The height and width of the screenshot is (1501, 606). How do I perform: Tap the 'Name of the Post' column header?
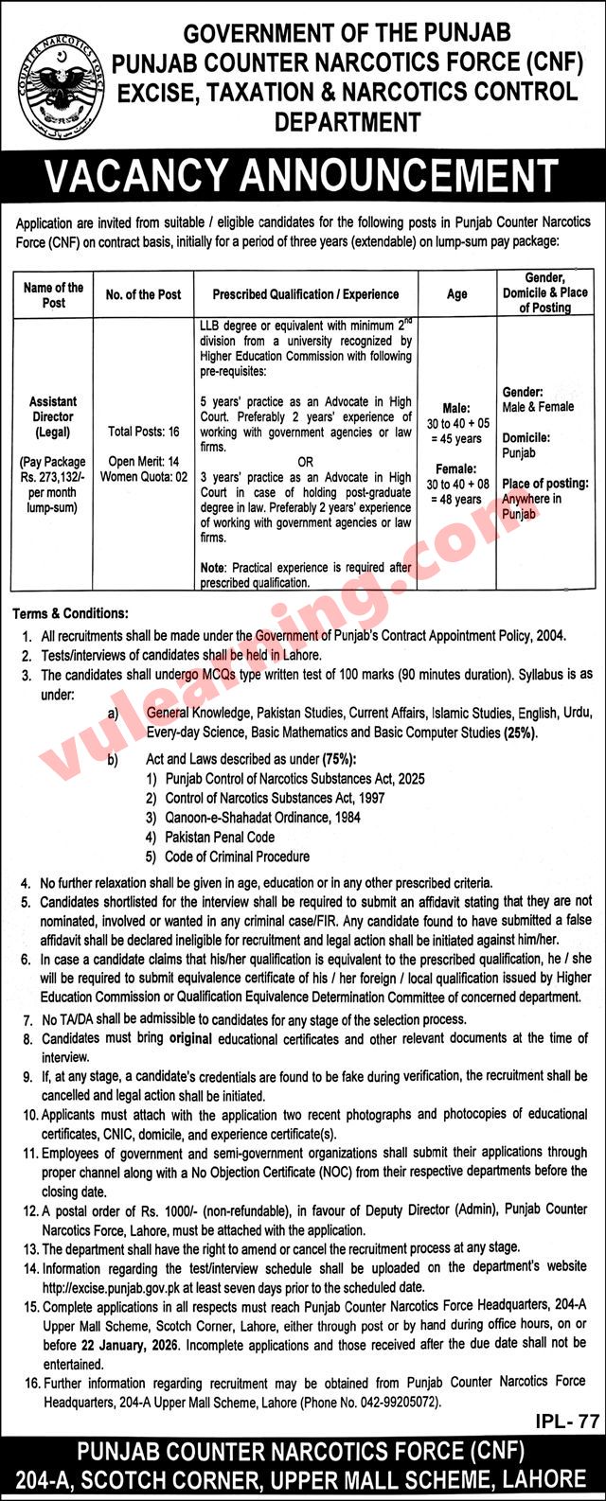[53, 294]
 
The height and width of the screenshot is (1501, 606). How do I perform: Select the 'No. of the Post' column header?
[143, 294]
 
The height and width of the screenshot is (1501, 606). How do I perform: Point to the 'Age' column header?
[457, 294]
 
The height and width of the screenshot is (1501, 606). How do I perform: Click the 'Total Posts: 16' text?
[143, 431]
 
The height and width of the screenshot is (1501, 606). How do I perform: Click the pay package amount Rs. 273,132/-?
[53, 478]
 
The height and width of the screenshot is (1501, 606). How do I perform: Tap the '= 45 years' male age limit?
[456, 438]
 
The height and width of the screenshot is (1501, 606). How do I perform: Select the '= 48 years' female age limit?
[456, 499]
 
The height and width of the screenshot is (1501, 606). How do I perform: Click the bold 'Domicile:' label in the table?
[526, 438]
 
